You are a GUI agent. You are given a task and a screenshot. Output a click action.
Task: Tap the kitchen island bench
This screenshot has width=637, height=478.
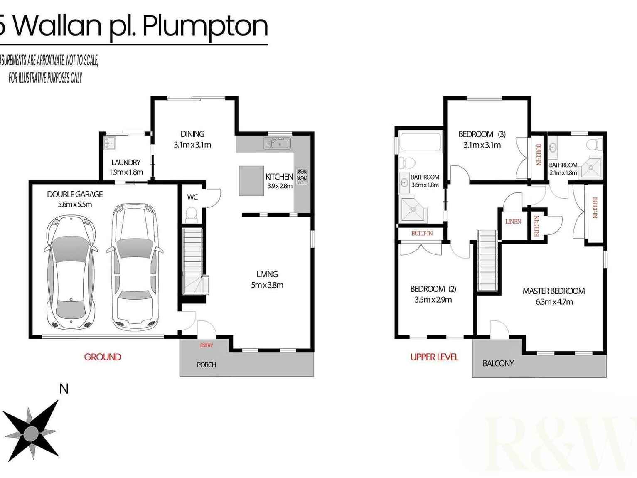coord(251,181)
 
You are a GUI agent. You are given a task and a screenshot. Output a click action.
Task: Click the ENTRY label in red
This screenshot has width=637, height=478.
coord(206,345)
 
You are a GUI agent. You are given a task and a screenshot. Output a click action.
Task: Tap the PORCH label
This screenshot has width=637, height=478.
coord(207,365)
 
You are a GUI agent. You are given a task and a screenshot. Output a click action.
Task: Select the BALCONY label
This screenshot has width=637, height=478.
coord(498,363)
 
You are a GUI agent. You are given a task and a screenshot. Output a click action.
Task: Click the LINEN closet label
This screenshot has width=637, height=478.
coord(513,222)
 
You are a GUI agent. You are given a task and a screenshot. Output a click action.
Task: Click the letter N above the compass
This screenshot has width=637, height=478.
coord(64,389)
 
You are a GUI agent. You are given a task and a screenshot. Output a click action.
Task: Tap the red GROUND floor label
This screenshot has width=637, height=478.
coord(103,357)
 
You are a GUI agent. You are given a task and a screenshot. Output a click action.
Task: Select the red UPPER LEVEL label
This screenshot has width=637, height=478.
coord(434,357)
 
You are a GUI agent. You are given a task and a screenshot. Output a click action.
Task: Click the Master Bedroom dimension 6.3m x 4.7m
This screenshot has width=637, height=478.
coord(554,302)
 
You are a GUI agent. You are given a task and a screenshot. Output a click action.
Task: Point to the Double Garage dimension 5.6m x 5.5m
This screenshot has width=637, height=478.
coord(75,205)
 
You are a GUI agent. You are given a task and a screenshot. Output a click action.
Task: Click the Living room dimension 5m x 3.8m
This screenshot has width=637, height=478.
coord(267,285)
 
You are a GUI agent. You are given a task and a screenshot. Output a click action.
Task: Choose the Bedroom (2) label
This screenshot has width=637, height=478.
coord(433,289)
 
